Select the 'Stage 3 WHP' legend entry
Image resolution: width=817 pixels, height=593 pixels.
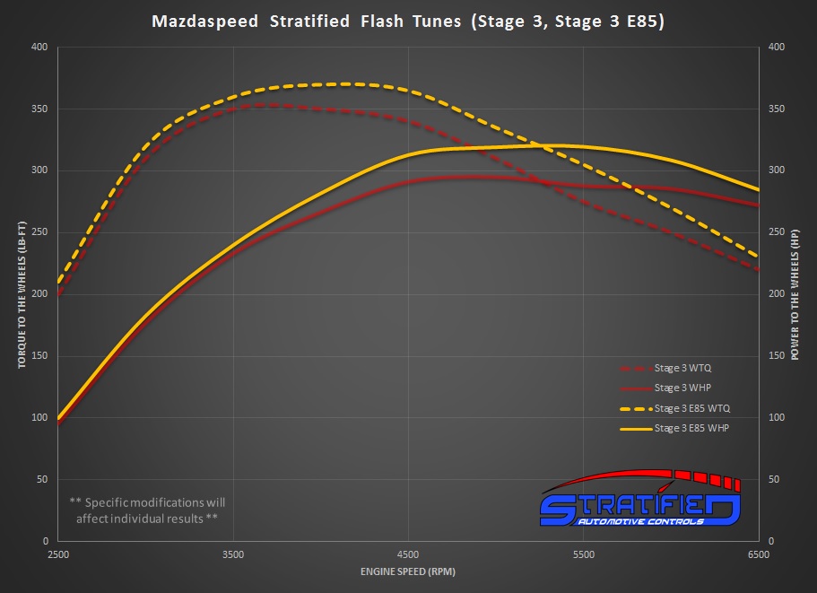(x=682, y=388)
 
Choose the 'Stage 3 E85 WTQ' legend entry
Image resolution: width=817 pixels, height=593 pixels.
(x=691, y=408)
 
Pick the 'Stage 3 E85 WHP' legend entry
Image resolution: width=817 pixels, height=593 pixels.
(x=691, y=429)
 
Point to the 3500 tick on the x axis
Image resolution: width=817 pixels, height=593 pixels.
(x=233, y=554)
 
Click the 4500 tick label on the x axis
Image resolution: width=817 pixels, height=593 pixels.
(x=408, y=554)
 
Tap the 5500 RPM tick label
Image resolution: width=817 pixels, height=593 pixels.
(x=584, y=554)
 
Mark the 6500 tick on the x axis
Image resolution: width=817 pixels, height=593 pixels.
(x=759, y=554)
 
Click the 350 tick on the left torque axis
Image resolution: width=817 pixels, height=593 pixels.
(x=40, y=109)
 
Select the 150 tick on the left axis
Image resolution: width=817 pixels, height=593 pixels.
(x=40, y=356)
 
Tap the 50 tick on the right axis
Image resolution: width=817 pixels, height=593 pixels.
(x=773, y=480)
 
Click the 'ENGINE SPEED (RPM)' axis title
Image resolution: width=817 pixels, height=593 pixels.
(x=408, y=571)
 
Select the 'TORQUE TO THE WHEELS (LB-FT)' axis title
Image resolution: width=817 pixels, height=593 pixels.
(x=21, y=293)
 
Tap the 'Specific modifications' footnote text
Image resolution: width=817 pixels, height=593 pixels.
(x=147, y=510)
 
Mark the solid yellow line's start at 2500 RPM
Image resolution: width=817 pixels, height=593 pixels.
(x=59, y=418)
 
